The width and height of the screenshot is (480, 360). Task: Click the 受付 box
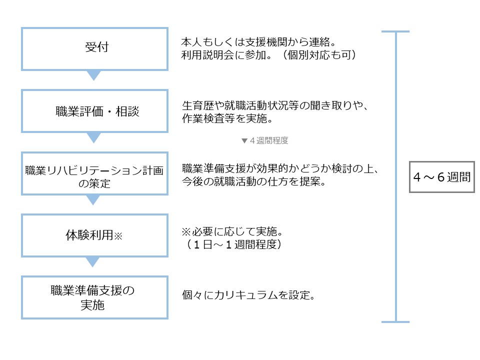(x=94, y=48)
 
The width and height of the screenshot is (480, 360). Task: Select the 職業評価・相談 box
(x=94, y=111)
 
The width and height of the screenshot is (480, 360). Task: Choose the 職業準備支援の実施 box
(x=94, y=298)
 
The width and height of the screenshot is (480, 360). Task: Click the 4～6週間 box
(x=441, y=176)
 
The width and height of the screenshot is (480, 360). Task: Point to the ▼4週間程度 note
(x=264, y=140)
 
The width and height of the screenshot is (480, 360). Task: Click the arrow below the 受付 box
(x=94, y=75)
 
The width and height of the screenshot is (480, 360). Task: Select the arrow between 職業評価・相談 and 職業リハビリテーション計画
(x=94, y=137)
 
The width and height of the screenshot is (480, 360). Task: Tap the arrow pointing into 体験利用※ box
(x=94, y=200)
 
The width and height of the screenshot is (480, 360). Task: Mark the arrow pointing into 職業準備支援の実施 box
(x=94, y=262)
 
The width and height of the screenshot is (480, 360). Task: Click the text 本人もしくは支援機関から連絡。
(x=254, y=42)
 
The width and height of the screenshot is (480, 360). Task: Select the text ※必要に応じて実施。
(x=231, y=233)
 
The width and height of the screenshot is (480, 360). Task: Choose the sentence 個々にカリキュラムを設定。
(x=248, y=295)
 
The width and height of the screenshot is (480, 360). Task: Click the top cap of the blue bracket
(x=395, y=32)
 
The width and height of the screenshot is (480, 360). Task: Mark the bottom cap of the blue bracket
(x=395, y=321)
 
